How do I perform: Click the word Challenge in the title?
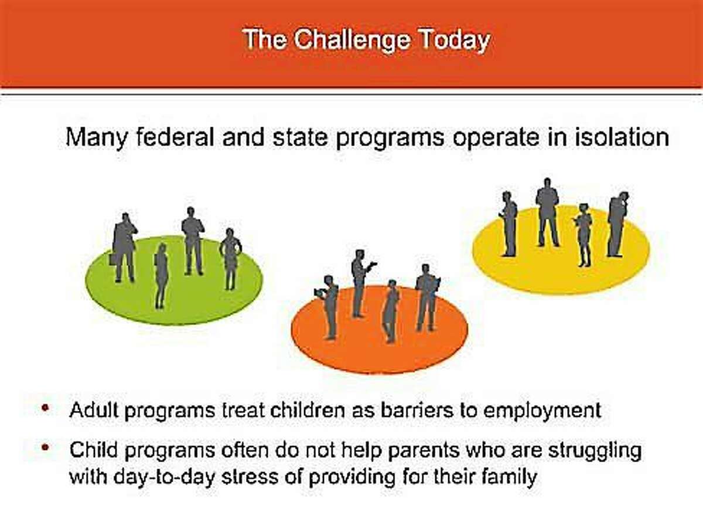click(352, 41)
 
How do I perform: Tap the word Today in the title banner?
click(455, 40)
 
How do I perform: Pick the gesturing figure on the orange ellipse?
click(360, 283)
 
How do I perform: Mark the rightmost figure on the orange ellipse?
click(428, 297)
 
